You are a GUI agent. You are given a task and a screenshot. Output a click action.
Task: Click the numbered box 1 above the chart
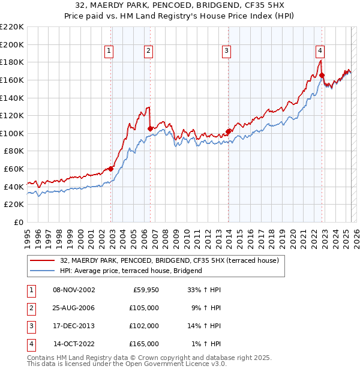pos(109,52)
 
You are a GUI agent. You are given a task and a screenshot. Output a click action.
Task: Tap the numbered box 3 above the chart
pos(227,52)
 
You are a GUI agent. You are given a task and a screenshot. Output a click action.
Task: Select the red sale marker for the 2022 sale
pos(322,75)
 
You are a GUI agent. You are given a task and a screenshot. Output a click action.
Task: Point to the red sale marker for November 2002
pos(111,169)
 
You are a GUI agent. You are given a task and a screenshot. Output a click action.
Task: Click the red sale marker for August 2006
pos(150,128)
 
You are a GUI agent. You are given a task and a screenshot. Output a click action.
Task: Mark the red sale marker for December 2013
pos(228,131)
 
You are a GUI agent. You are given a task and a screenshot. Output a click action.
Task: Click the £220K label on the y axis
pos(12,26)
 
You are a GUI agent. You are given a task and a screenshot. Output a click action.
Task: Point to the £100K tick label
pos(12,133)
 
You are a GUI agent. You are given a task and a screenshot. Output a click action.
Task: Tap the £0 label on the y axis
pos(18,222)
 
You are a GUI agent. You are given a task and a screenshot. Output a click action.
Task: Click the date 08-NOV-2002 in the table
pos(74,290)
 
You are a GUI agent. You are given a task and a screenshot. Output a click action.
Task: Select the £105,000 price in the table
pos(145,308)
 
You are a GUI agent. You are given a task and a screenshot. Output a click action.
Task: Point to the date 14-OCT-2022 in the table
pos(74,344)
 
